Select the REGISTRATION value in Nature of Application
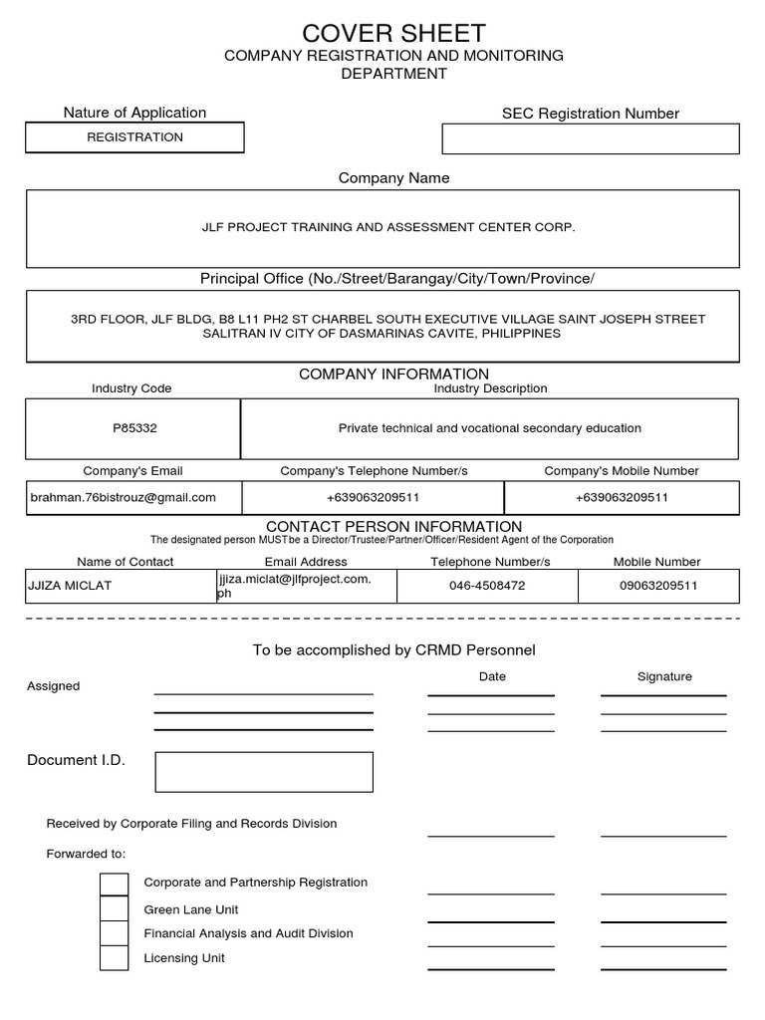134,137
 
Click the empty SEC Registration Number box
590,138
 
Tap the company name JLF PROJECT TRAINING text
388,228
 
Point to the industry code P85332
134,428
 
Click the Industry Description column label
490,388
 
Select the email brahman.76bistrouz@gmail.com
124,497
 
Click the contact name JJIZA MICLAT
70,586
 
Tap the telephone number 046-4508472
486,586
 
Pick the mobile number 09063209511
658,586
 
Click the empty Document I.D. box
263,772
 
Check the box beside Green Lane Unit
115,908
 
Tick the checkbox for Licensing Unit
115,958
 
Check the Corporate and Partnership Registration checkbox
115,884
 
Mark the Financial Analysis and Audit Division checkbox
115,933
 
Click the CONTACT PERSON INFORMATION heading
393,526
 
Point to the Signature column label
664,676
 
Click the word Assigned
54,686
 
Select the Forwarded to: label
87,854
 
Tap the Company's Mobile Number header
622,470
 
